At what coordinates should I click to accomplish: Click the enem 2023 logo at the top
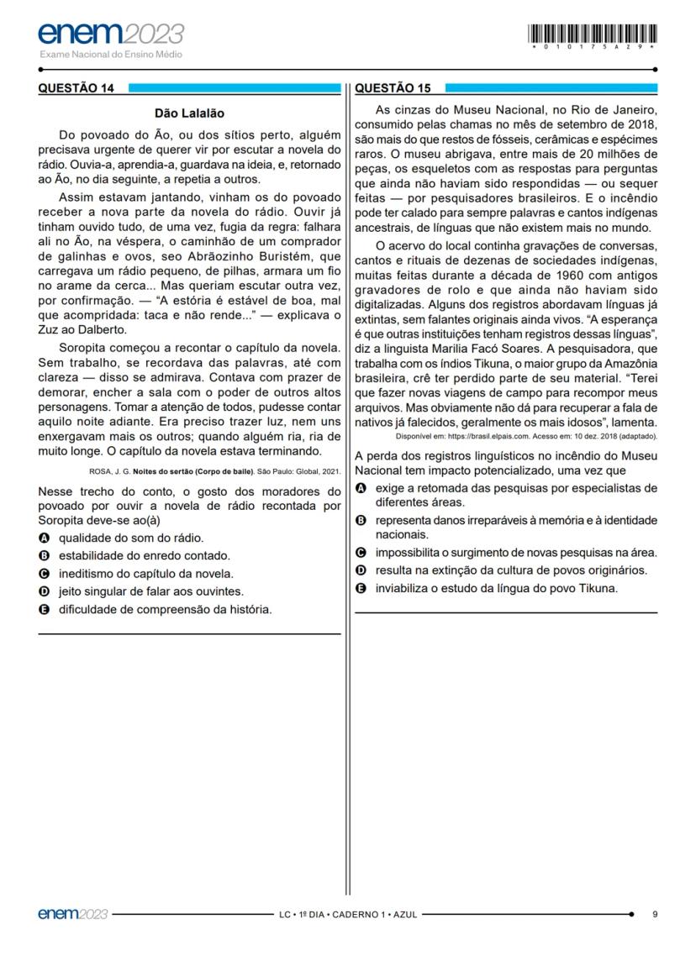pyautogui.click(x=111, y=34)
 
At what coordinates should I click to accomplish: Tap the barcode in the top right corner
pyautogui.click(x=593, y=34)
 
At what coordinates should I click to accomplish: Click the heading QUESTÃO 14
pyautogui.click(x=75, y=87)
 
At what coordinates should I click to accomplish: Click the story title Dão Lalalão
pyautogui.click(x=190, y=113)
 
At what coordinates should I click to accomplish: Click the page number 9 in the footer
pyautogui.click(x=655, y=914)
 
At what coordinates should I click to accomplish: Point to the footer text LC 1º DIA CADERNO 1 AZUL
pyautogui.click(x=348, y=914)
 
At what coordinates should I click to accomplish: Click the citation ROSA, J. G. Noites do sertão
pyautogui.click(x=214, y=470)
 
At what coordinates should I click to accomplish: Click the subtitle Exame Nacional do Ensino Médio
pyautogui.click(x=111, y=55)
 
